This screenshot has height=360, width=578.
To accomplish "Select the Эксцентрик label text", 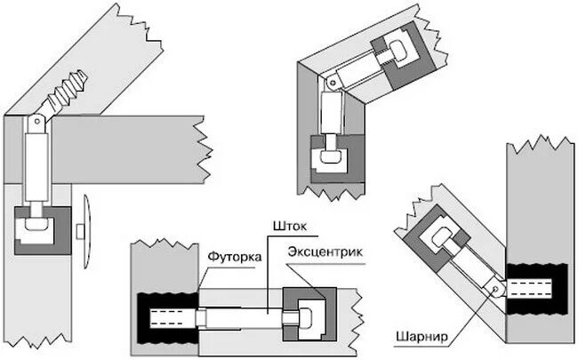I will pyautogui.click(x=325, y=252).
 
